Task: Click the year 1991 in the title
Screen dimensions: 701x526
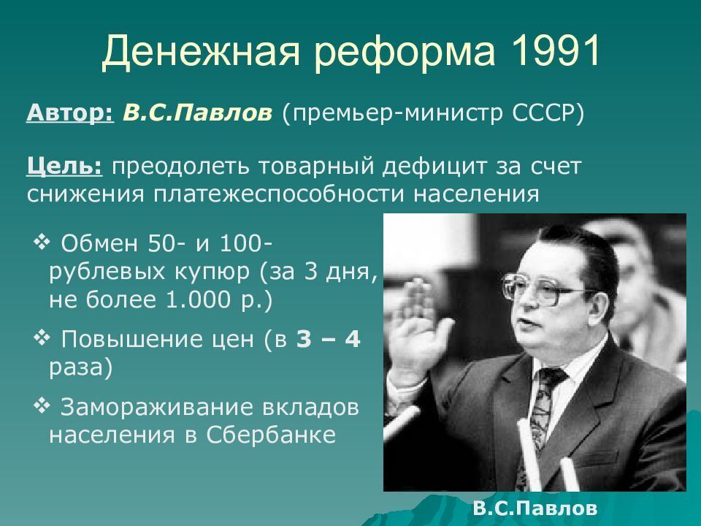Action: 556,51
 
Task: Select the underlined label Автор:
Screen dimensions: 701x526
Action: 70,113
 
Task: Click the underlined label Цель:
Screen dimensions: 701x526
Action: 64,167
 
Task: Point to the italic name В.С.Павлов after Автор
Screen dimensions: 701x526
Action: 197,113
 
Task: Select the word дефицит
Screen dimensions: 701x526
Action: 434,166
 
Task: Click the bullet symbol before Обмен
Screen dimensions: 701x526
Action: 42,243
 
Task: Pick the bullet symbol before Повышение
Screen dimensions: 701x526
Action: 42,338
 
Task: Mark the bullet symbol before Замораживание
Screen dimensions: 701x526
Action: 42,406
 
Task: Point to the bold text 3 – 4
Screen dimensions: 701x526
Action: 328,339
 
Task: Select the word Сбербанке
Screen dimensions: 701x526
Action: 271,435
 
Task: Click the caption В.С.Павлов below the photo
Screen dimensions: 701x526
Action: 535,508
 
